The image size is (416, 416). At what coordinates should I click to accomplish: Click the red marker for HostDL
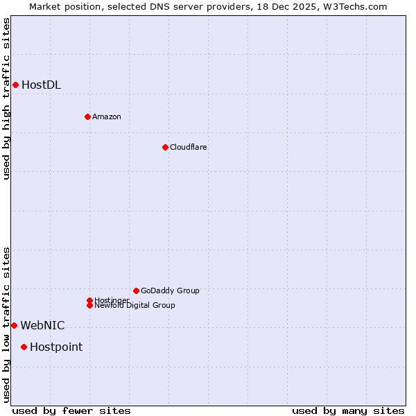(x=15, y=85)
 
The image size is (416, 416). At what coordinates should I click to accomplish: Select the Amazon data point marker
(x=87, y=116)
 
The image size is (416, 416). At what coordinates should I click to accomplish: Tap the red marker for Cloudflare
(x=165, y=147)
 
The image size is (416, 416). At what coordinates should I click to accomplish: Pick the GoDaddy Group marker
(x=136, y=291)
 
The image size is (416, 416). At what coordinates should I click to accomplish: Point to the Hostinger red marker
(x=89, y=300)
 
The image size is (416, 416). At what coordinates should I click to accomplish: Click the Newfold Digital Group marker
(x=89, y=305)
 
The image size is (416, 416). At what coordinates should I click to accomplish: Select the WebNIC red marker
(x=14, y=325)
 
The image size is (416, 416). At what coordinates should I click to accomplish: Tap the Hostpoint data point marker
(x=24, y=347)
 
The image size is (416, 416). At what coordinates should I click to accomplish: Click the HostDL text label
(x=41, y=85)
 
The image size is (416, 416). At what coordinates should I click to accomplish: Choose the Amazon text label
(x=106, y=116)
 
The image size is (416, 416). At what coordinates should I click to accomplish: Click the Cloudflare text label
(x=188, y=147)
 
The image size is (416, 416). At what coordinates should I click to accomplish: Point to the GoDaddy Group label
(x=170, y=291)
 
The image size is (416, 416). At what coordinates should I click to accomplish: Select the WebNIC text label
(x=42, y=325)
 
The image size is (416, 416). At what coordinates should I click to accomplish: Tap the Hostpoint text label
(x=55, y=347)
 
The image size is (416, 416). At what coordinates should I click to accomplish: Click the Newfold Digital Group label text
(x=135, y=306)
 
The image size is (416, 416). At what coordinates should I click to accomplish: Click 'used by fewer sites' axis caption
(x=71, y=410)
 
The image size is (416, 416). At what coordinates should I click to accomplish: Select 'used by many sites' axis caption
(x=348, y=410)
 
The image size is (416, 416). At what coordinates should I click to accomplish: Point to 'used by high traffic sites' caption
(x=6, y=98)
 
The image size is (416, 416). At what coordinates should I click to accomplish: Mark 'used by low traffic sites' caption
(x=6, y=324)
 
